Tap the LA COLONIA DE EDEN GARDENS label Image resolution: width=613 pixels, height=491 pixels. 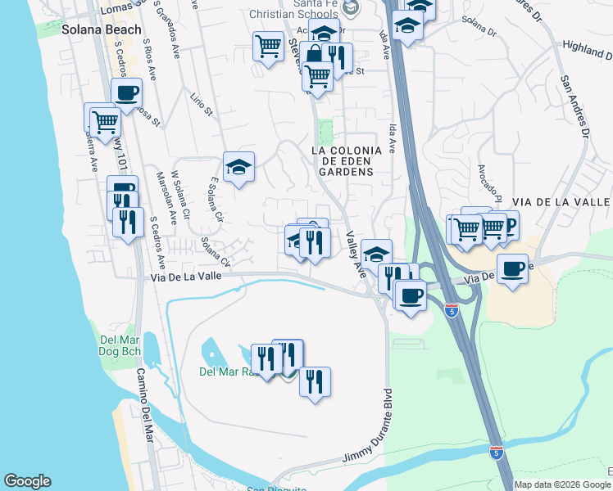(x=343, y=161)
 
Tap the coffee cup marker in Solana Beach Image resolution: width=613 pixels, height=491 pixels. (x=126, y=92)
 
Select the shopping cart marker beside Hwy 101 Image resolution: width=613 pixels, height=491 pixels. (x=104, y=121)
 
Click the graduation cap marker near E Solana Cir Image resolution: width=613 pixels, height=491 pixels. (x=238, y=167)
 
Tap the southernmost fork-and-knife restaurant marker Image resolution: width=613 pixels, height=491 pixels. (x=314, y=381)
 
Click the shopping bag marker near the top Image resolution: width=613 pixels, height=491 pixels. (x=314, y=56)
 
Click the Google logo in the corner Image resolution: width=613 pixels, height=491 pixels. (x=27, y=481)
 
